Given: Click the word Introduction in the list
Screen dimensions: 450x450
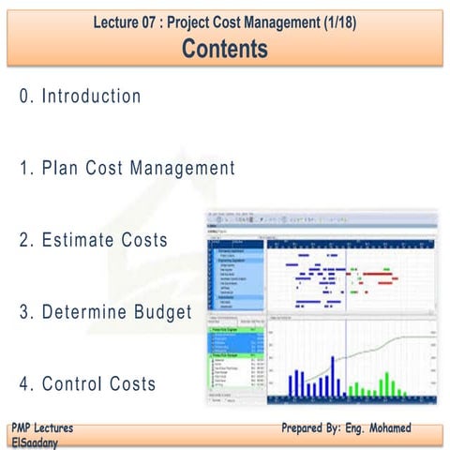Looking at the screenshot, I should click(x=92, y=97).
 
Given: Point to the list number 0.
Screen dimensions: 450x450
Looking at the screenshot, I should click(x=23, y=97).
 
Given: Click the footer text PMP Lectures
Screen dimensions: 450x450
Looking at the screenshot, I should click(x=43, y=427).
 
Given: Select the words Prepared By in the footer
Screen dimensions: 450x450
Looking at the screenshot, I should click(x=315, y=427).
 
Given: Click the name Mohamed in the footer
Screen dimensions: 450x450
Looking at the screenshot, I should click(x=383, y=427).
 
